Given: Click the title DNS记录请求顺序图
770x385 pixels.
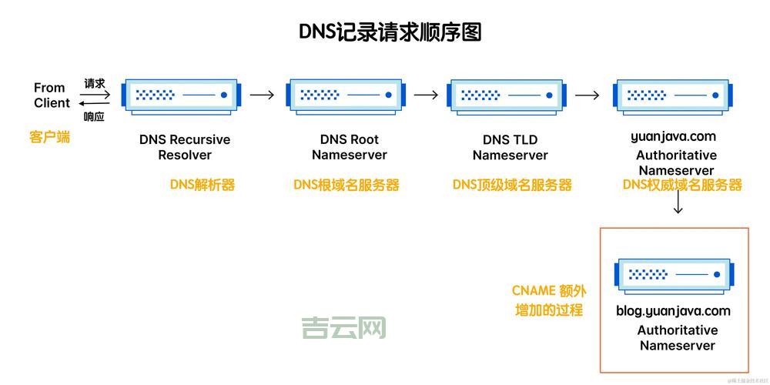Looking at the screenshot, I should pyautogui.click(x=390, y=32).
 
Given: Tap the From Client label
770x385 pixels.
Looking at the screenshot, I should pyautogui.click(x=52, y=95).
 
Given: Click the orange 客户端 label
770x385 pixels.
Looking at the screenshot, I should pyautogui.click(x=50, y=137).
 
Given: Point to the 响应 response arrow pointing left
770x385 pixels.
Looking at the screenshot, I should pyautogui.click(x=95, y=103).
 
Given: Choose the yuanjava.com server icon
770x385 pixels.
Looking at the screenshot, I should pyautogui.click(x=672, y=95).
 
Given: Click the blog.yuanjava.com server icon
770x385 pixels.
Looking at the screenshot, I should pyautogui.click(x=674, y=274).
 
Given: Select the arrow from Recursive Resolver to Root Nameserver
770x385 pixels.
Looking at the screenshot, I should pyautogui.click(x=262, y=95).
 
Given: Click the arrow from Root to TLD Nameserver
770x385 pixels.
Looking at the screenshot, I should pyautogui.click(x=426, y=95).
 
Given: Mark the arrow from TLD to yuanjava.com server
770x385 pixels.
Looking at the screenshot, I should pyautogui.click(x=588, y=95).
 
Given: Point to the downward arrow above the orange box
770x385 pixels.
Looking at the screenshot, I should pyautogui.click(x=678, y=203).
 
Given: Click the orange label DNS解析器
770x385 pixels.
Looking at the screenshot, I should pyautogui.click(x=203, y=185).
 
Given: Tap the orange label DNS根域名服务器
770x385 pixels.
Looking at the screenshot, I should pyautogui.click(x=346, y=185).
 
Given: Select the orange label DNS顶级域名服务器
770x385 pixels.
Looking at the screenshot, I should pyautogui.click(x=512, y=185).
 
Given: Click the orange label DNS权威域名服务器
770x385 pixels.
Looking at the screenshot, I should pyautogui.click(x=682, y=185).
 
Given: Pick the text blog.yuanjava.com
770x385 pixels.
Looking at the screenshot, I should pyautogui.click(x=673, y=311).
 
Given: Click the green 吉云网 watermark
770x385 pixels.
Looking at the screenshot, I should pyautogui.click(x=343, y=328).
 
